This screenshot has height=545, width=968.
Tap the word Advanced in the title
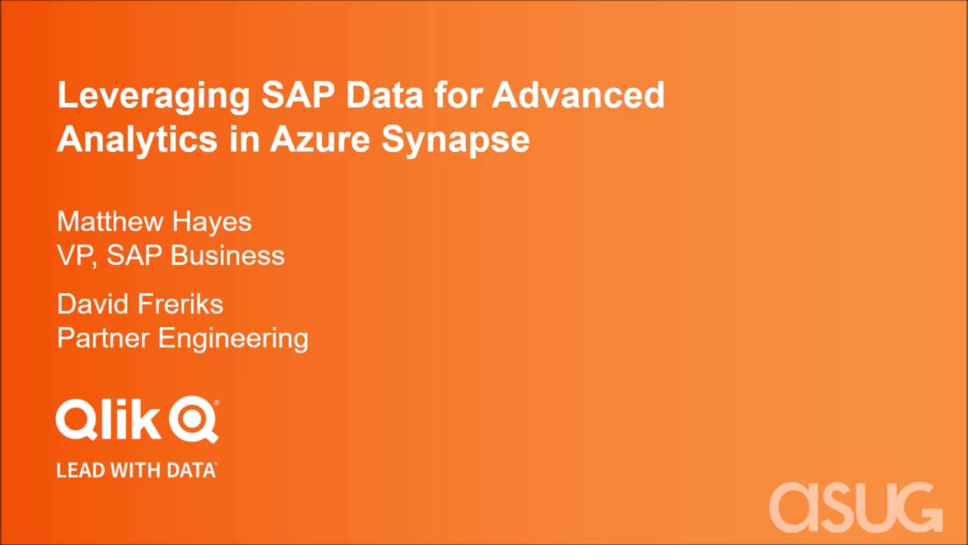coord(579,95)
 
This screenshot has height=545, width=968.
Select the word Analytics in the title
coord(137,140)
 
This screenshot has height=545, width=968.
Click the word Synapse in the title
coord(455,140)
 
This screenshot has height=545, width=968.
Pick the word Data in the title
coord(385,95)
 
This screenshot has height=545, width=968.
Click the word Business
coord(228,255)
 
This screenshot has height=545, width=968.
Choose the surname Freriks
coord(180,304)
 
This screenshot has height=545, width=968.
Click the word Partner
coord(104,338)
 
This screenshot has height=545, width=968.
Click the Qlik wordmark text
coord(108,419)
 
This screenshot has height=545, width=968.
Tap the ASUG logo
coord(855,507)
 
